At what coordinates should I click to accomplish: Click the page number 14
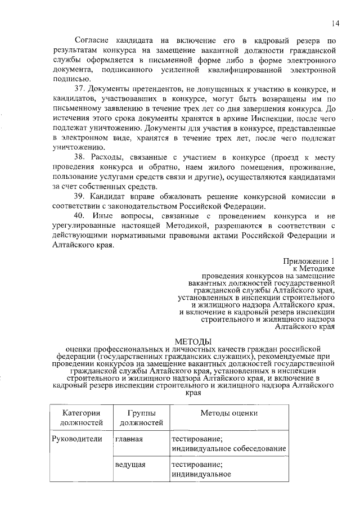(x=335, y=23)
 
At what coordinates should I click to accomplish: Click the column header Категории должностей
(x=79, y=418)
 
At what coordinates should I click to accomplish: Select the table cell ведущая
(x=130, y=465)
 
